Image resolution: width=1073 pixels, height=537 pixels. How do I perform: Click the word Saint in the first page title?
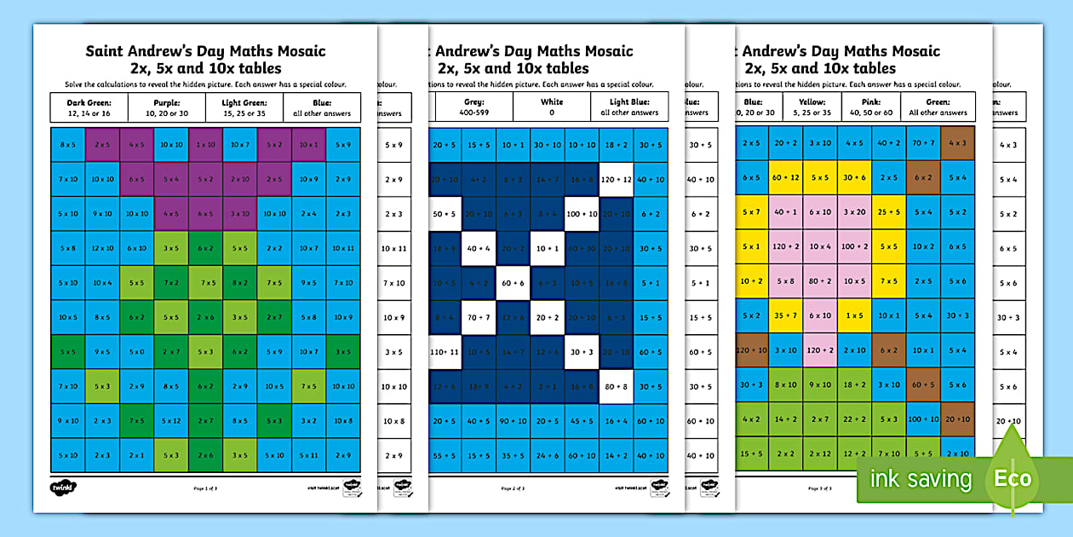[104, 51]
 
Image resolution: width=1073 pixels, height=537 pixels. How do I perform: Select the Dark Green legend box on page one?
[89, 107]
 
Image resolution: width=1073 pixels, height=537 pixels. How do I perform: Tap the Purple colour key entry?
[167, 107]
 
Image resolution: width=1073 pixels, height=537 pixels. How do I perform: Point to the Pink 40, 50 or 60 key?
[864, 107]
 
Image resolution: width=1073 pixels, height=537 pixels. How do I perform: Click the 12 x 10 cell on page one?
[102, 248]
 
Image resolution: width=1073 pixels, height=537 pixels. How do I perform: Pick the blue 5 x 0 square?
[136, 351]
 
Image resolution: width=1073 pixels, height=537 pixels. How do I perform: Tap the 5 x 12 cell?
[171, 420]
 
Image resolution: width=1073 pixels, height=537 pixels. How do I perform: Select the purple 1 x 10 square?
[205, 145]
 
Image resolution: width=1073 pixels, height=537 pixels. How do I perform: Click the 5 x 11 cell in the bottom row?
[309, 455]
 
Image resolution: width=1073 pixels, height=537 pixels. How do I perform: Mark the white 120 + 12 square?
[616, 180]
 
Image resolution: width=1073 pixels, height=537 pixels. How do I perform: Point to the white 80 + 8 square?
[616, 385]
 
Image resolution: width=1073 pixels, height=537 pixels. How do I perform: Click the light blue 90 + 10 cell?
[513, 420]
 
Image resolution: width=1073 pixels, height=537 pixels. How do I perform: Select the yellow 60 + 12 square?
[785, 177]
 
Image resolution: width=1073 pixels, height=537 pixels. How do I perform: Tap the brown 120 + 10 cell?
[751, 350]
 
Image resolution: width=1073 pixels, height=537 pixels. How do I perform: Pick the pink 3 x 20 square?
[854, 212]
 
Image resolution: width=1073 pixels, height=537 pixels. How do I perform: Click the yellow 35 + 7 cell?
[785, 315]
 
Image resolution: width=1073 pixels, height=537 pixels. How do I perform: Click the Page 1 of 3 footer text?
[205, 488]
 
